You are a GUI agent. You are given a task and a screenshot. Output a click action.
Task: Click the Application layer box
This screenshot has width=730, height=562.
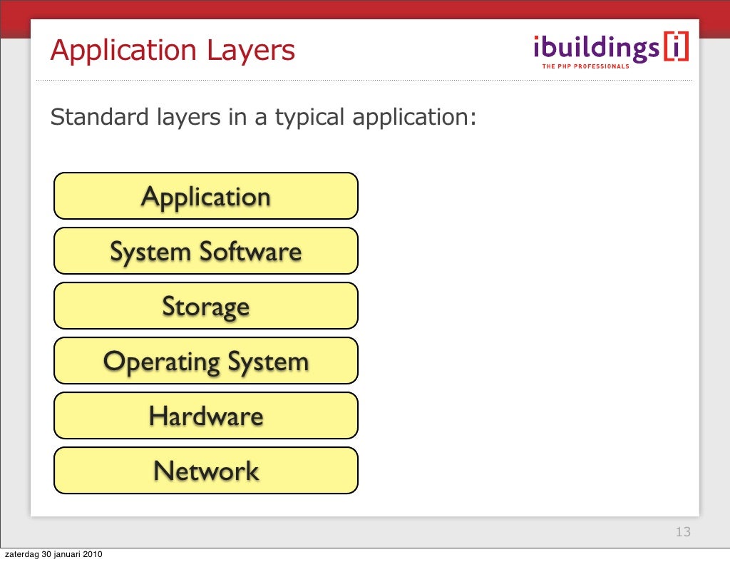pos(205,195)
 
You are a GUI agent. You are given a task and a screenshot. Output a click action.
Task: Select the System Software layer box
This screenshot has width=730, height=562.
pos(205,250)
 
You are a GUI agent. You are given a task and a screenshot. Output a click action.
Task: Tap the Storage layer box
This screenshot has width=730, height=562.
pos(205,305)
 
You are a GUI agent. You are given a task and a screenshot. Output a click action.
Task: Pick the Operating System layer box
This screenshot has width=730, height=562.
pos(205,360)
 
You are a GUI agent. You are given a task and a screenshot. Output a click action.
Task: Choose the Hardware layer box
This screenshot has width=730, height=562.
pos(205,415)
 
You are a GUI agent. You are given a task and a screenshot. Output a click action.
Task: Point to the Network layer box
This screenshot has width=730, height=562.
pos(205,470)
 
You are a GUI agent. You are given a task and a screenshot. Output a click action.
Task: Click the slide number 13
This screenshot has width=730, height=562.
pos(683,532)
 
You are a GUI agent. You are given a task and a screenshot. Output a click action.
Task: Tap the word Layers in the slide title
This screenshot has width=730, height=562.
pos(250,51)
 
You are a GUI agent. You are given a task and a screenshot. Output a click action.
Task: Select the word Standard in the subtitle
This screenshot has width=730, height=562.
pos(99,116)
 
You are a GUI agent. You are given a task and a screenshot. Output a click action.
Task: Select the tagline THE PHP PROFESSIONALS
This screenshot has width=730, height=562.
pos(586,66)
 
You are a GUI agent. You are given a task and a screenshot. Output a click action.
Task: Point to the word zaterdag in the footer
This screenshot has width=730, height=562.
pos(21,555)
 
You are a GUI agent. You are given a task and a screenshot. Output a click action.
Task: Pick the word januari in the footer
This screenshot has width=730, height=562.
pos(70,555)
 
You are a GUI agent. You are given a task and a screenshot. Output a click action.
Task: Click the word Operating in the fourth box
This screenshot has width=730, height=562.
pos(162,362)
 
